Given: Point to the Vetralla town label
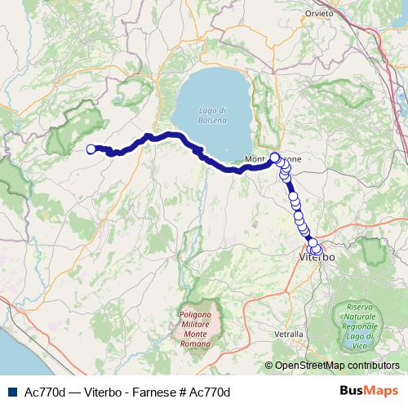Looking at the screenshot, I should (x=289, y=334).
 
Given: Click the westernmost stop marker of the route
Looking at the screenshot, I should (x=91, y=149).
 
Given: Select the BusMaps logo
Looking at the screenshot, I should (x=372, y=391).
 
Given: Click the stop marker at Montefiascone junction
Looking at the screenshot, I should (x=275, y=157).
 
